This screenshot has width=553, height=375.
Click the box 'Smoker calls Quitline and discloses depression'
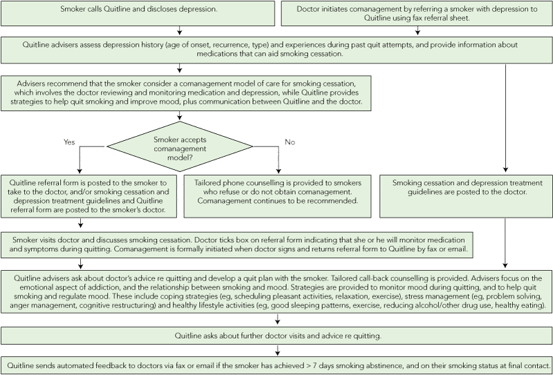(139, 11)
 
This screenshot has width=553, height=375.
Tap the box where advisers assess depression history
(276, 48)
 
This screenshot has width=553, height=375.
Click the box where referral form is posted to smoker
(90, 195)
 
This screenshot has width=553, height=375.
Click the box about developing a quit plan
(276, 290)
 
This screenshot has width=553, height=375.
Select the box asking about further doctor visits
(276, 336)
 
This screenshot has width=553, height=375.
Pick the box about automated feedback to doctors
(276, 364)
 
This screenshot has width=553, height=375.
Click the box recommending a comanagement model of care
(187, 92)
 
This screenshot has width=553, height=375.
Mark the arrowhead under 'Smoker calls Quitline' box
(180, 30)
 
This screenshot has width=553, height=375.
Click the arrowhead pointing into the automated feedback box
(276, 352)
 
